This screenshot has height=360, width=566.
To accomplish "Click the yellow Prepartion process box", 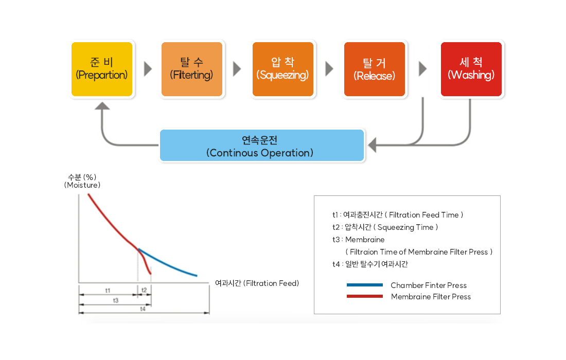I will coord(102,69).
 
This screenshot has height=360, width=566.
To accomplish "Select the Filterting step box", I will coord(192,69).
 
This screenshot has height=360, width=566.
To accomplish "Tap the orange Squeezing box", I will coord(283,69).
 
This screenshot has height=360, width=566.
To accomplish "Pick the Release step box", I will coord(375,69).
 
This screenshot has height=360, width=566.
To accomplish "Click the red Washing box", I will coord(471,69).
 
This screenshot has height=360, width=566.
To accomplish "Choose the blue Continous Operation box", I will coord(262,146).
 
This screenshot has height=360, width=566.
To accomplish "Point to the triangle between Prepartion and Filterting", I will coord(148,69).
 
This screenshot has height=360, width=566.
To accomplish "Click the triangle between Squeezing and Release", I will coord(329,69).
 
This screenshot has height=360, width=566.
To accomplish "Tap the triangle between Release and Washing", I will coord(423,69).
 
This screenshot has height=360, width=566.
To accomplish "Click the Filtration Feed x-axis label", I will coord(257,283).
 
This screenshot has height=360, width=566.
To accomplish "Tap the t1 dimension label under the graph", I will coord(108,291).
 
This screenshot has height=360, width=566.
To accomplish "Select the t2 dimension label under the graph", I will coord(144,291).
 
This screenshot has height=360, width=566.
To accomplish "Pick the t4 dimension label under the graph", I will coord(143,309).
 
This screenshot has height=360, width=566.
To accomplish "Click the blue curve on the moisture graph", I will coord(170,264).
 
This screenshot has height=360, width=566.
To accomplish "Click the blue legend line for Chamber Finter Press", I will coord(365,285).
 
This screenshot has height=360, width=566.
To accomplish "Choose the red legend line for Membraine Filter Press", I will coord(365,296).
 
